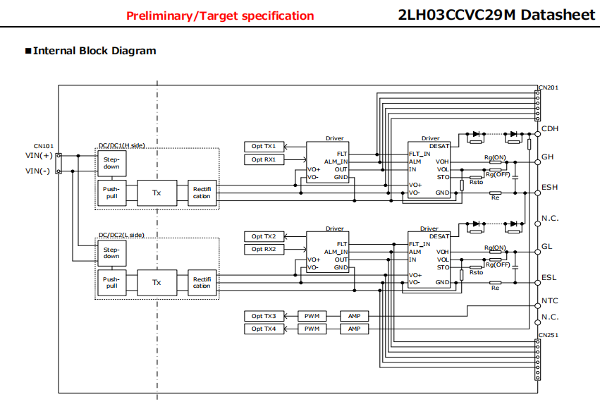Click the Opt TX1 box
pyautogui.click(x=264, y=147)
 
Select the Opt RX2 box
pyautogui.click(x=264, y=249)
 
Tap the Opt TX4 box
pyautogui.click(x=264, y=329)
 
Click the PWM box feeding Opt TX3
pyautogui.click(x=312, y=316)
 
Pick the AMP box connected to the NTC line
pyautogui.click(x=355, y=316)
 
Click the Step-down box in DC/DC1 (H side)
pyautogui.click(x=111, y=164)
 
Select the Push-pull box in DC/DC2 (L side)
pyautogui.click(x=111, y=283)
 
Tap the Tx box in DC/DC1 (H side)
pyautogui.click(x=157, y=193)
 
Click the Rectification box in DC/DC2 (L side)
pyautogui.click(x=202, y=283)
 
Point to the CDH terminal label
pyautogui.click(x=550, y=128)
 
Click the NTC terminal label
pyautogui.click(x=550, y=301)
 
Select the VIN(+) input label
pyautogui.click(x=39, y=156)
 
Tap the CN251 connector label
pyautogui.click(x=549, y=336)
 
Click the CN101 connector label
pyautogui.click(x=44, y=146)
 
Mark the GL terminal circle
pyautogui.click(x=538, y=252)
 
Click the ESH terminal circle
pyautogui.click(x=538, y=193)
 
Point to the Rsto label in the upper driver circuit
pyautogui.click(x=477, y=182)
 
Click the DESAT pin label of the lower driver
pyautogui.click(x=439, y=236)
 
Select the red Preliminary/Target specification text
pyautogui.click(x=220, y=16)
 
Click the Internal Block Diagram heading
pyautogui.click(x=94, y=51)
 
